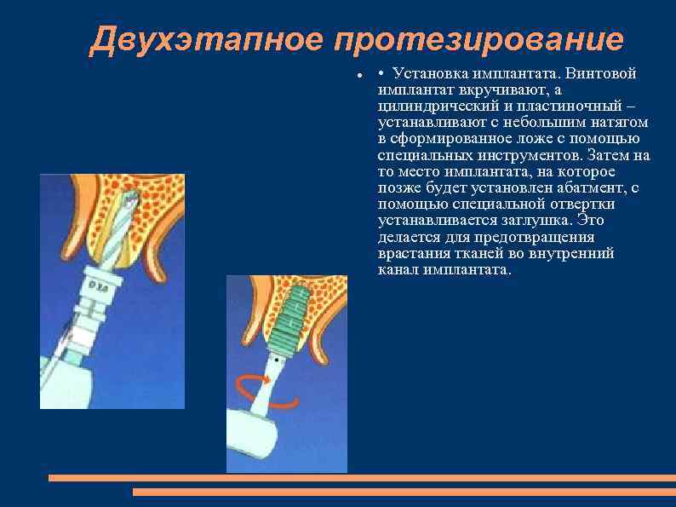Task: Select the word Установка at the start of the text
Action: pyautogui.click(x=429, y=73)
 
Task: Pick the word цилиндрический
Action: pyautogui.click(x=433, y=107)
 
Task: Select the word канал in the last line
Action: pyautogui.click(x=397, y=269)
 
